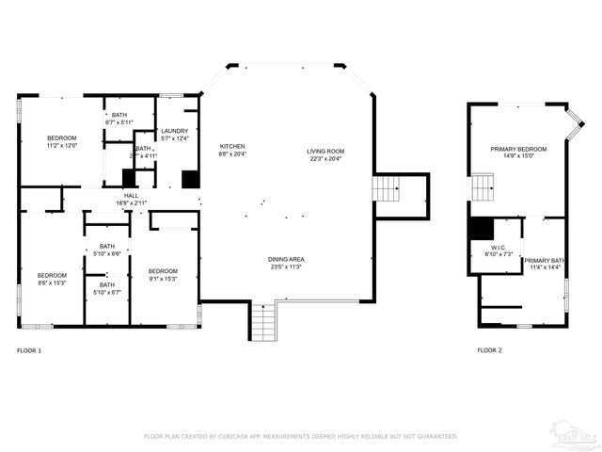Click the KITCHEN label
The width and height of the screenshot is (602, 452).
coord(232,147)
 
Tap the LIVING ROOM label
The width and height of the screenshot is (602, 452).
coord(325,152)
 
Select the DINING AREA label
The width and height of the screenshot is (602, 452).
coord(285,259)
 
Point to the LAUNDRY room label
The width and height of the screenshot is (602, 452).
coord(174,131)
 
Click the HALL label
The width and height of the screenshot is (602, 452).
coord(131,195)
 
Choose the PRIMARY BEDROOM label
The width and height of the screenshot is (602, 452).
coord(518,149)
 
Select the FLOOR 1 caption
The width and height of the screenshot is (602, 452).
coord(29,350)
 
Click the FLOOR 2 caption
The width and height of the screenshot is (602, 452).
coord(489,350)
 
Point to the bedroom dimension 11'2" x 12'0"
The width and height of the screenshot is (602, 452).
coord(61,146)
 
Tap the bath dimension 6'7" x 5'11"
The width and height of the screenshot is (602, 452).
coord(119,122)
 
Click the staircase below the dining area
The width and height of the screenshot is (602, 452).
coord(262,323)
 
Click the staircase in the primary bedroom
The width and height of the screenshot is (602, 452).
coord(483,187)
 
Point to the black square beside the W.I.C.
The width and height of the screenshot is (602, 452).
coord(481,229)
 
